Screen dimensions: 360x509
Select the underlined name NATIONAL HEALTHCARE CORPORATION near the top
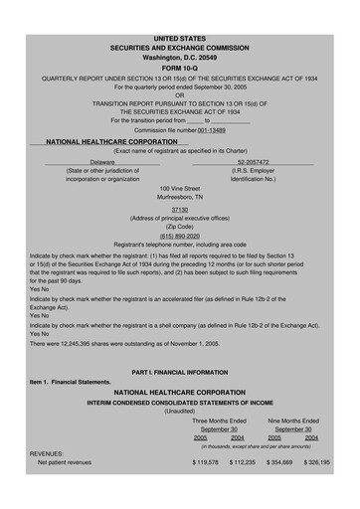click(x=109, y=142)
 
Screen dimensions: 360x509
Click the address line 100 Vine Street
click(x=180, y=188)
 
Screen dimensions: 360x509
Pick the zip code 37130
click(x=180, y=210)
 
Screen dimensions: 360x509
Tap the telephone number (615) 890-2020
click(x=180, y=236)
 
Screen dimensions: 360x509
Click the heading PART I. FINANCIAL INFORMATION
click(x=180, y=372)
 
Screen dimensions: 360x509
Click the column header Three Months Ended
click(x=219, y=422)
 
